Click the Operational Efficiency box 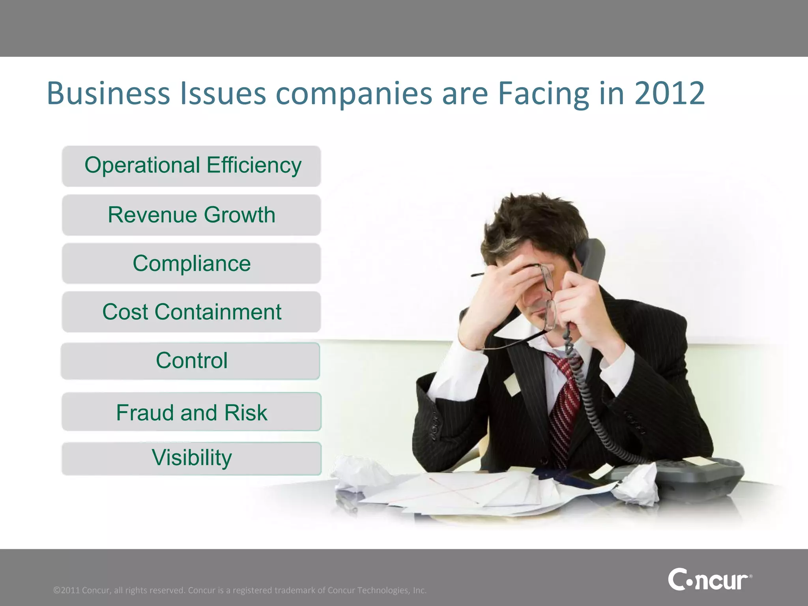pyautogui.click(x=191, y=166)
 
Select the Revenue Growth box pyautogui.click(x=191, y=215)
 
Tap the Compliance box pyautogui.click(x=191, y=264)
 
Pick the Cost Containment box pyautogui.click(x=191, y=312)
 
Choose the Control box pyautogui.click(x=191, y=361)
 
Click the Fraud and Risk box pyautogui.click(x=191, y=412)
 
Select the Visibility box pyautogui.click(x=191, y=458)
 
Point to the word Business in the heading pyautogui.click(x=108, y=94)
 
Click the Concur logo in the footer pyautogui.click(x=709, y=579)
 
